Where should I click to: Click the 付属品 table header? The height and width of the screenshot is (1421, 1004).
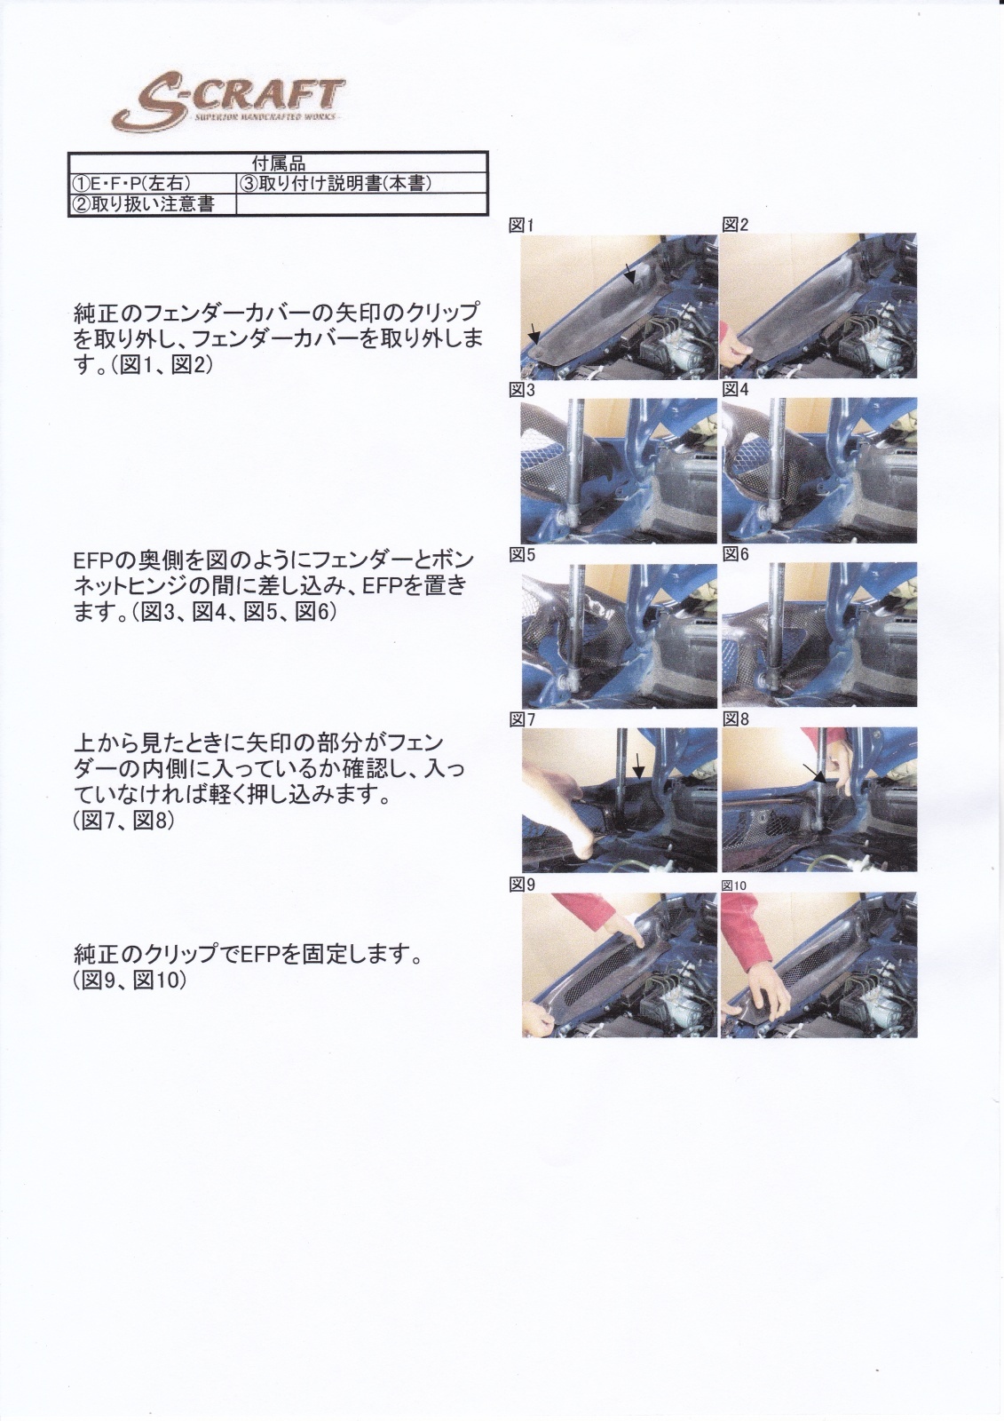279,164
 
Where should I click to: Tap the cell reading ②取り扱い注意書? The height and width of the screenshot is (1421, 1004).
143,204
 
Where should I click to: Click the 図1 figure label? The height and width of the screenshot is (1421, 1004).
522,226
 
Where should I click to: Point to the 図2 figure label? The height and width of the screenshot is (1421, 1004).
736,225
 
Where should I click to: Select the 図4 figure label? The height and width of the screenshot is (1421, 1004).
736,390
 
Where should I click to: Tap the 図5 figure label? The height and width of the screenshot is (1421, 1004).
522,555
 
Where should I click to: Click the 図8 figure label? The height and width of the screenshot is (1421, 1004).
736,719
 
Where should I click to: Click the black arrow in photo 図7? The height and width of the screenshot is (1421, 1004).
639,767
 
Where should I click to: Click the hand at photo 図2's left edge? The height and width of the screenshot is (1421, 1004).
737,347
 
